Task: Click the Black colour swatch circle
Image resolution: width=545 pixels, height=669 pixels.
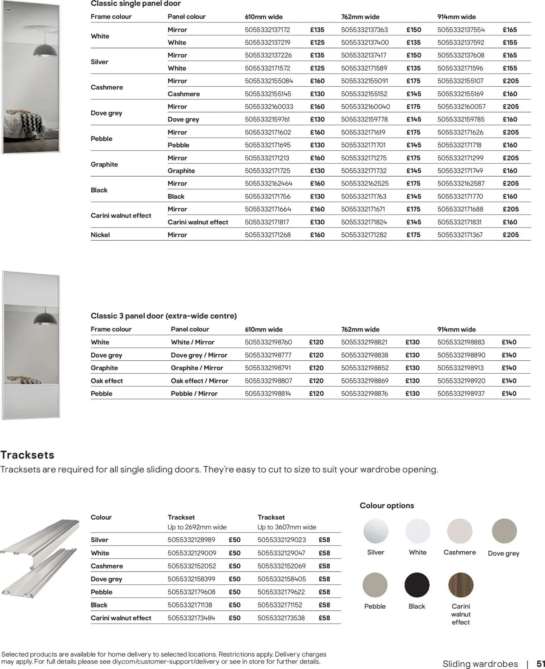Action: click(417, 585)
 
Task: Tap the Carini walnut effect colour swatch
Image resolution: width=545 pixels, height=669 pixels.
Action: click(461, 585)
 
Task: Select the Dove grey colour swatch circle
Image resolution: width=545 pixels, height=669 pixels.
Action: click(504, 531)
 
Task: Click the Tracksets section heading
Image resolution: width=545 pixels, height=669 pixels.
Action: click(27, 455)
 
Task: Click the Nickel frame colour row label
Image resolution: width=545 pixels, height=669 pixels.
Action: click(100, 235)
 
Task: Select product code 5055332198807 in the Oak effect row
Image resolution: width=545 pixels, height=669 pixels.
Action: click(268, 381)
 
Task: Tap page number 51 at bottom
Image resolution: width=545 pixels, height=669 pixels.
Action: click(540, 664)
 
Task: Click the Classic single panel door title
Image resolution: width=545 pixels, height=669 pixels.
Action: click(136, 4)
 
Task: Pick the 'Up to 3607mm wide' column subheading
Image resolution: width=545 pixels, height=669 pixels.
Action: click(287, 527)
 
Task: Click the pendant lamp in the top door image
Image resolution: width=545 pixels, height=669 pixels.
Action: click(45, 50)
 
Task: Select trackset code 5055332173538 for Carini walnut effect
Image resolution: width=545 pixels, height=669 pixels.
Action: click(281, 618)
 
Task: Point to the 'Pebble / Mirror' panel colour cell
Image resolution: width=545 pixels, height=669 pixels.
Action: click(194, 394)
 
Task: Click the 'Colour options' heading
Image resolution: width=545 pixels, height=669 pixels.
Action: click(387, 506)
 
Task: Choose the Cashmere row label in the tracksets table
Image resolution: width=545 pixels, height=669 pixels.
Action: click(107, 566)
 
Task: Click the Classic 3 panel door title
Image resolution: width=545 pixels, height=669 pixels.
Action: click(163, 316)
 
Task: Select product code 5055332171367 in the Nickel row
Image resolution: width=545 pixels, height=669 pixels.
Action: click(460, 235)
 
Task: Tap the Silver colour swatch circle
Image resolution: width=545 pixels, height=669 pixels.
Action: click(376, 531)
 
